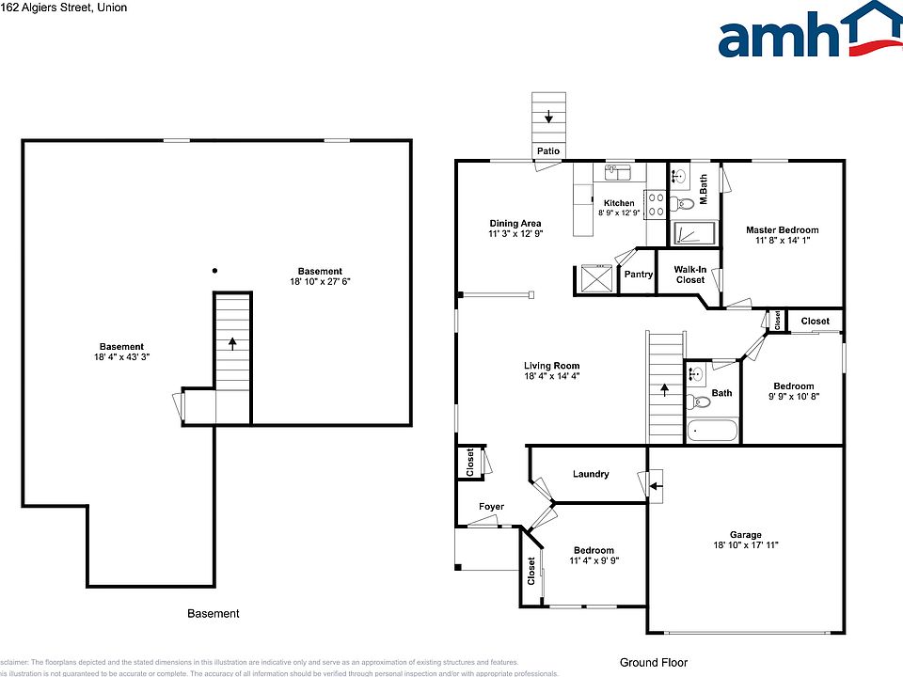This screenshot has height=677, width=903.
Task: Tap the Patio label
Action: (x=548, y=150)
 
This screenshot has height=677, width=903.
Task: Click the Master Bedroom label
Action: (x=782, y=229)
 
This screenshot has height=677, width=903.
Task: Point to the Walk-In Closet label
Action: (x=689, y=275)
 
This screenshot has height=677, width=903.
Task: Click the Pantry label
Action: (x=639, y=275)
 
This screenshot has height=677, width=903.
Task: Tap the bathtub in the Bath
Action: (x=711, y=431)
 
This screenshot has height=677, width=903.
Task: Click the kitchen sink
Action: (x=618, y=171)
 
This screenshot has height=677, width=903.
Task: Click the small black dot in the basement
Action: (x=215, y=271)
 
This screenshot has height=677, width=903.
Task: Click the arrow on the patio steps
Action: (x=548, y=117)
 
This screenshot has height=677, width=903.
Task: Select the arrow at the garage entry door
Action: (x=657, y=486)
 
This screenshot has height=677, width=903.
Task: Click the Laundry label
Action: (x=591, y=474)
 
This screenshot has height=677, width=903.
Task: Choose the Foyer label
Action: (x=491, y=507)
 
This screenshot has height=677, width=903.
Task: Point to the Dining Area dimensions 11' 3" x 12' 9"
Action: (x=515, y=233)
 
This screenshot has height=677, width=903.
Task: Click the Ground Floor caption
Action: (x=653, y=662)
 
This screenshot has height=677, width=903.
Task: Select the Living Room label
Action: (x=551, y=366)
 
